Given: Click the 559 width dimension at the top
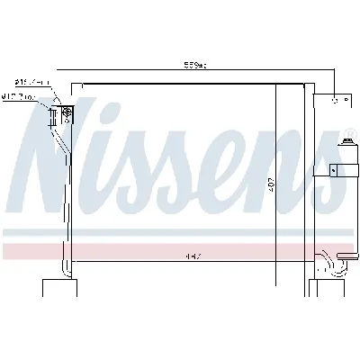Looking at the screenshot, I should click(x=194, y=64).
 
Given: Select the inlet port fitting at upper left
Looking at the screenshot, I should click(x=66, y=113).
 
